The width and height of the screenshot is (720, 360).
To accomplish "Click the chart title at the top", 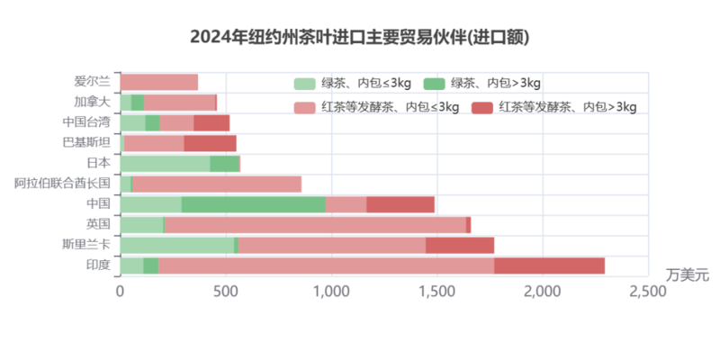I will coord(360,37).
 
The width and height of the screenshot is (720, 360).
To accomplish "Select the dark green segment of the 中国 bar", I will coord(254,204).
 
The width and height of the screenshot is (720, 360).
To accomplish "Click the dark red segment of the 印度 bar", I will coord(550,265).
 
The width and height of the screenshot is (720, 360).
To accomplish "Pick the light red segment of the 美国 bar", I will coord(315,225).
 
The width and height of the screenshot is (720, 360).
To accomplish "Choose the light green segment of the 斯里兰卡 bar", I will coord(176,246).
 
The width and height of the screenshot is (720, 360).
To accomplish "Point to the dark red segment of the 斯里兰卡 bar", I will coord(460,246).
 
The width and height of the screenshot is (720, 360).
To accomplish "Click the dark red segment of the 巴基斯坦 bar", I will coord(211,143).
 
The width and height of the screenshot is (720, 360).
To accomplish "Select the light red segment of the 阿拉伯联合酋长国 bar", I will coord(217,184).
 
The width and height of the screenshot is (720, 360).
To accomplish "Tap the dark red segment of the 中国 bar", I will coord(400,204).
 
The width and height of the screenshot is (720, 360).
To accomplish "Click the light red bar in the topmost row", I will coord(159,82).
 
